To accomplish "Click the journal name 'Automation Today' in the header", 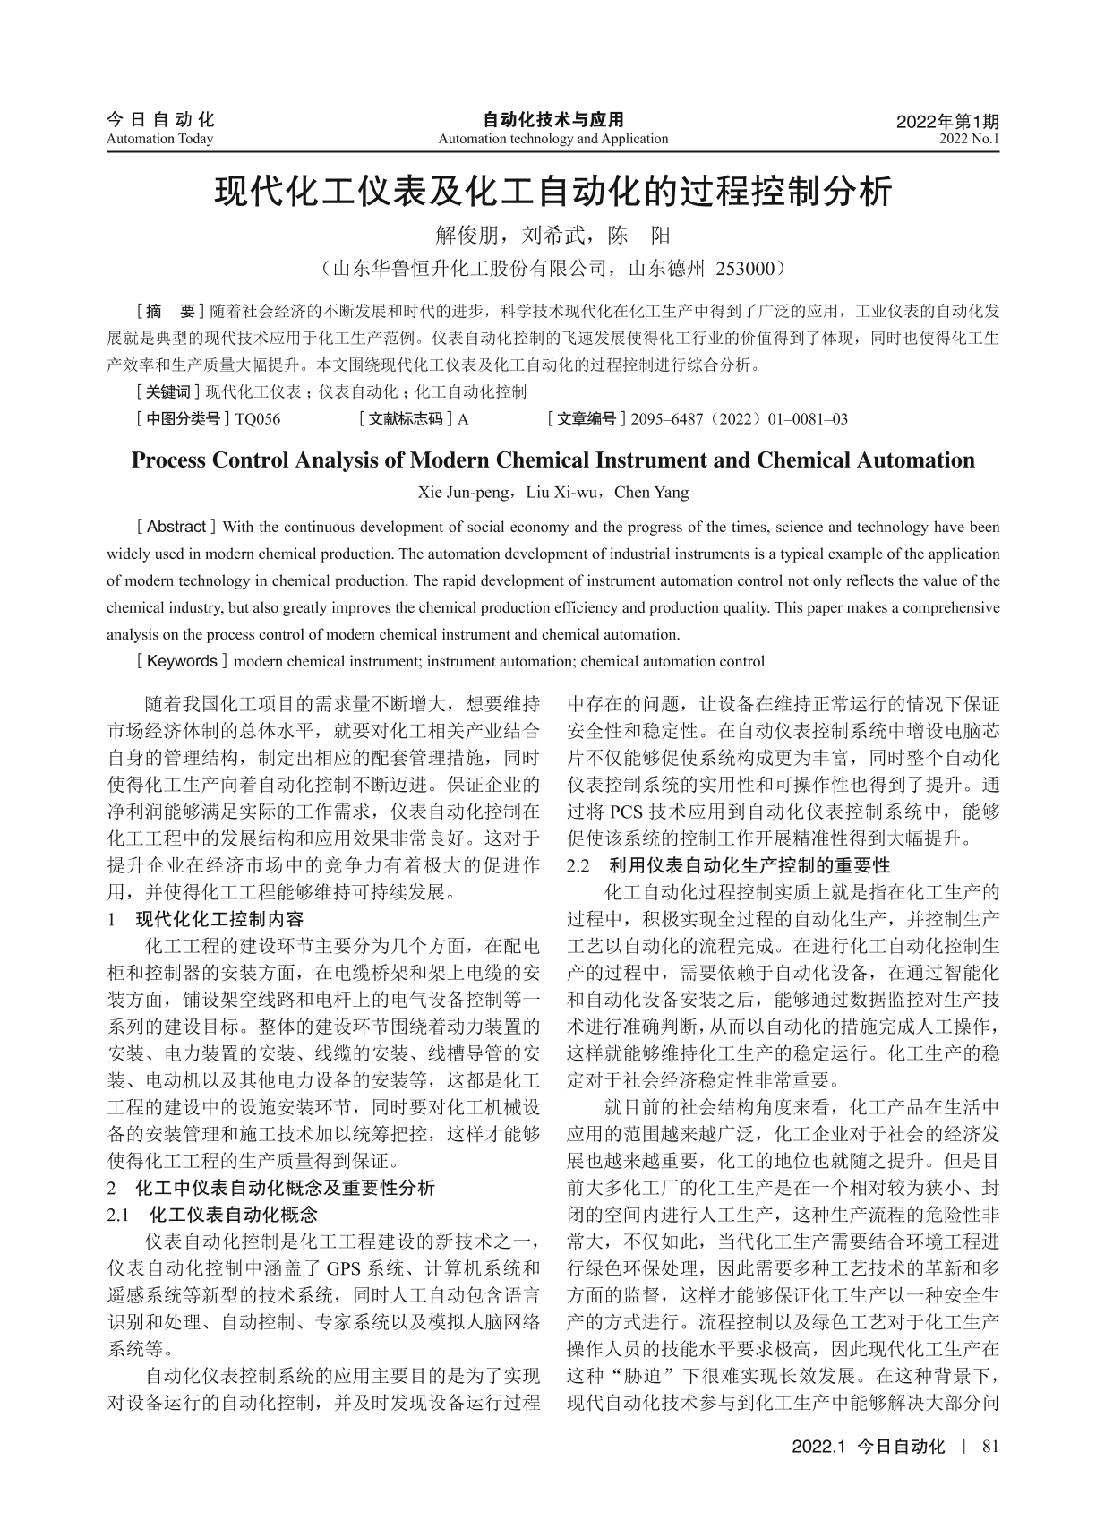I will coord(159,139).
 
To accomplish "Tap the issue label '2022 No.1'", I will coord(969,139).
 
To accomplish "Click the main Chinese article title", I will coord(552,192).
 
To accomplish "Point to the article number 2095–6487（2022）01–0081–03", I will coord(739,418).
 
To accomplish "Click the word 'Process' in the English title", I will coord(176,460).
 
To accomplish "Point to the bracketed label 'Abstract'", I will coord(176,527).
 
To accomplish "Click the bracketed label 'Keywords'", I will coord(182,662).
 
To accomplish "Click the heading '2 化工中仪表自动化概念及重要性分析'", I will coord(270,1188).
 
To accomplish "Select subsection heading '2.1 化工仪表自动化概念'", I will coord(212,1215).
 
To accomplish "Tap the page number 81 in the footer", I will coord(989,1446).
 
